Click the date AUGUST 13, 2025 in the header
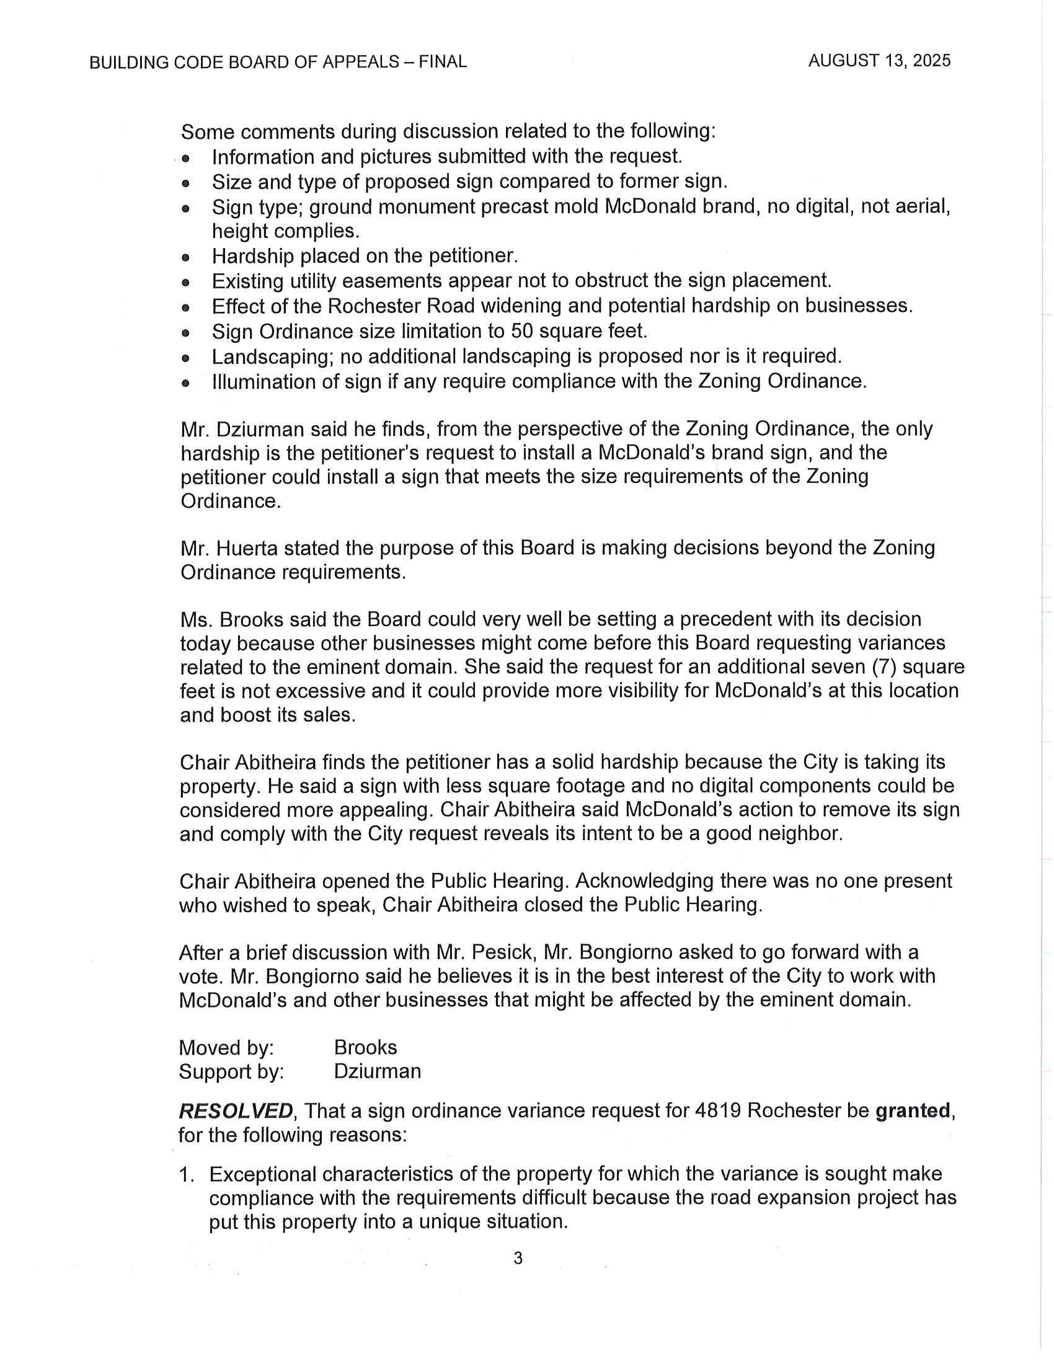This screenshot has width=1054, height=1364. coord(879,61)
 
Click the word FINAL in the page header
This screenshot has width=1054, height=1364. coord(443,62)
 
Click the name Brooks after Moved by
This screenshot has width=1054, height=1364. coord(365,1047)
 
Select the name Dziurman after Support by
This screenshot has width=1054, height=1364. coord(377,1071)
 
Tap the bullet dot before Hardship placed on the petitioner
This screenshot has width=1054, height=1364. coord(185,257)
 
